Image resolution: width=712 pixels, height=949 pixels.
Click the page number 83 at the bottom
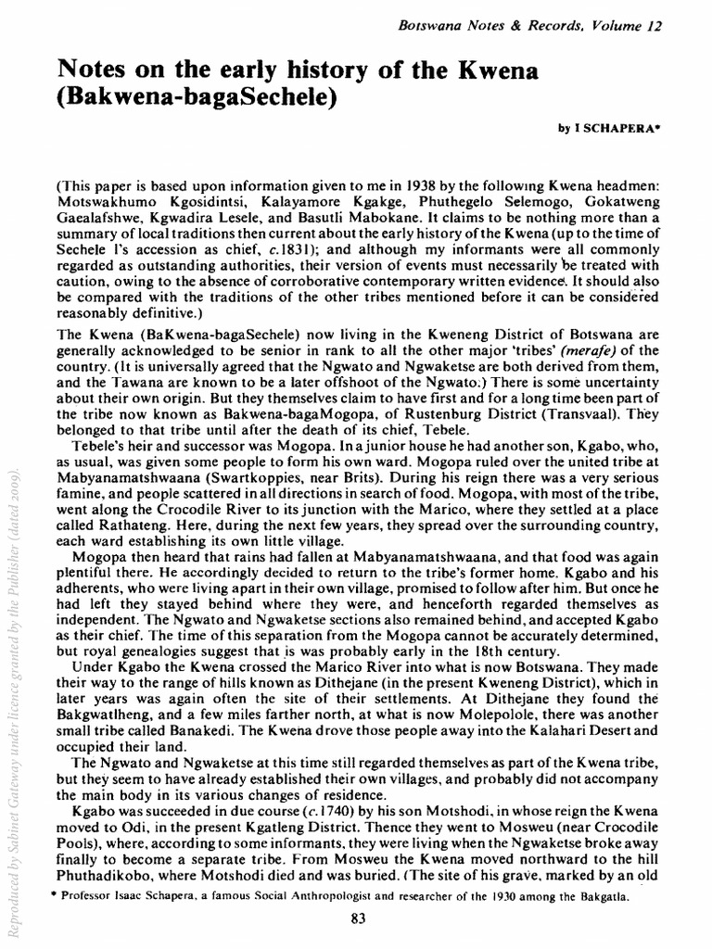pos(362,919)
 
